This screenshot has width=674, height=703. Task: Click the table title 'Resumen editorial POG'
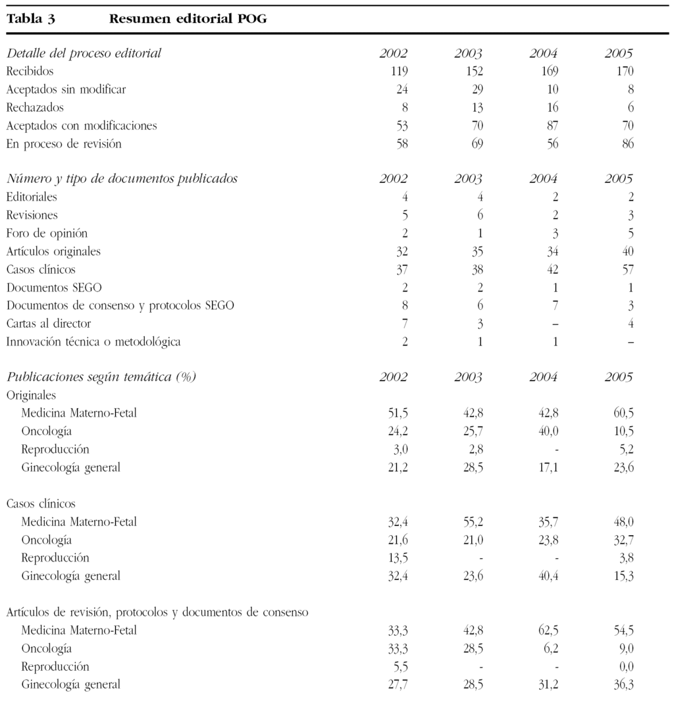tap(188, 19)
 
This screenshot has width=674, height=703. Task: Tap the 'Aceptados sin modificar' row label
tap(66, 90)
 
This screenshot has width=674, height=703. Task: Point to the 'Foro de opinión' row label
tap(47, 233)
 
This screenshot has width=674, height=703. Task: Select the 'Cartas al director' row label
tap(49, 324)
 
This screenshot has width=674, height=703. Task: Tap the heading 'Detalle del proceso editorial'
tap(84, 53)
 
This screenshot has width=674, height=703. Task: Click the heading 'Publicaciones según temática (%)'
tap(101, 377)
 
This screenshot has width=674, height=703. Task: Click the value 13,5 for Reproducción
tap(398, 558)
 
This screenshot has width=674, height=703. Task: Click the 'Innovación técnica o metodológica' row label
tap(93, 342)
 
